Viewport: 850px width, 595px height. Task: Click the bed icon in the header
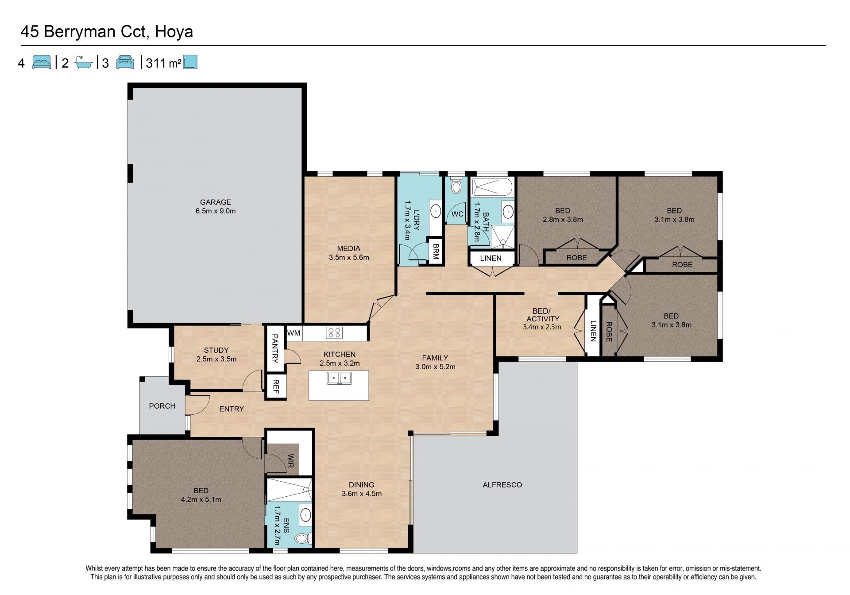click(42, 62)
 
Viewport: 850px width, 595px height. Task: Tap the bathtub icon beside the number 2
click(83, 62)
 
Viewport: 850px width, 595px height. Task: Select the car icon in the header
click(125, 62)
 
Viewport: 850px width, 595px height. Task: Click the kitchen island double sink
click(339, 379)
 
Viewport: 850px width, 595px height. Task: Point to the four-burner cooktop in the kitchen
click(334, 333)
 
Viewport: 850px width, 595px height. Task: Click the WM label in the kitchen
click(294, 333)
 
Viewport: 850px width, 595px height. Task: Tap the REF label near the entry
click(275, 386)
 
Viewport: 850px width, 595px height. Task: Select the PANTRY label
click(274, 348)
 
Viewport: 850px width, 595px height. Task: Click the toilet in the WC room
click(456, 186)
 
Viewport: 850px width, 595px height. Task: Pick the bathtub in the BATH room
click(492, 187)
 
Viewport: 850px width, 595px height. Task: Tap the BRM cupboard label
click(436, 251)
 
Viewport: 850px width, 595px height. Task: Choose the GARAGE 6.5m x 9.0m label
click(216, 206)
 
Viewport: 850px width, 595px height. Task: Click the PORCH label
click(162, 406)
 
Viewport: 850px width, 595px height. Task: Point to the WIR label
click(291, 461)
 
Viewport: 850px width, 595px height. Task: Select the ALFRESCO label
click(502, 485)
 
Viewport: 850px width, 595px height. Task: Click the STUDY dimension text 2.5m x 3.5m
click(216, 359)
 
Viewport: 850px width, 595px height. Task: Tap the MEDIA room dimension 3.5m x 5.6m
click(349, 257)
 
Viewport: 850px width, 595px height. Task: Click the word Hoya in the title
click(174, 32)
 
